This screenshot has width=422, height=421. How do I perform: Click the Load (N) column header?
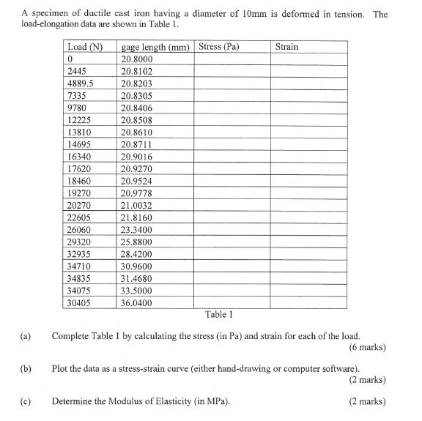coord(84,48)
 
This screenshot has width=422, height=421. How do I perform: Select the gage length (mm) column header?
coord(155,48)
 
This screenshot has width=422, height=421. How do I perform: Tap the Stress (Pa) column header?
coord(220,48)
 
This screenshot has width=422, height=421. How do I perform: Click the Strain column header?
coord(286,48)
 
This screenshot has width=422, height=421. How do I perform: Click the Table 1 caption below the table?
coord(219,315)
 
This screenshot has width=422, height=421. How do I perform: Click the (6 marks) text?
coord(368,346)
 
